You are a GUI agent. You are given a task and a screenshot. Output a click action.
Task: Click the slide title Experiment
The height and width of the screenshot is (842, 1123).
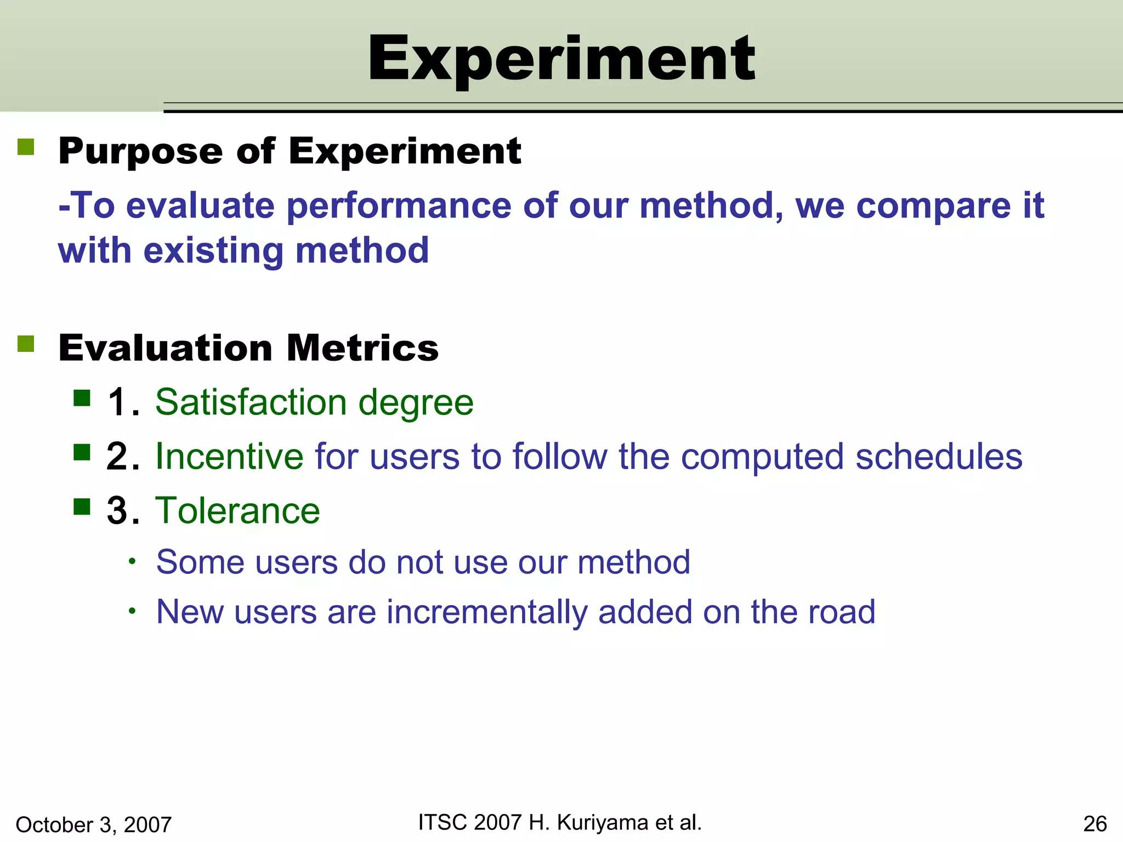pos(561,59)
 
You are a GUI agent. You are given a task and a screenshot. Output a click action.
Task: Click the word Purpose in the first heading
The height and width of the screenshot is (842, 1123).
pos(140,152)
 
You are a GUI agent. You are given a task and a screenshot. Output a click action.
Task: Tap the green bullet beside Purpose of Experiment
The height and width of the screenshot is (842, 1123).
pos(26,147)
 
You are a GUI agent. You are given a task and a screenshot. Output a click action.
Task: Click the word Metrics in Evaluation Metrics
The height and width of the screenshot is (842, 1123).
pos(362,349)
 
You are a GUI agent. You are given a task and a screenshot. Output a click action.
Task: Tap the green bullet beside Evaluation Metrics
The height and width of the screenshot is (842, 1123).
pos(26,344)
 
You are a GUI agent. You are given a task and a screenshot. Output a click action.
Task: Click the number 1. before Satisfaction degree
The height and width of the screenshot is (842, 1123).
pos(123,403)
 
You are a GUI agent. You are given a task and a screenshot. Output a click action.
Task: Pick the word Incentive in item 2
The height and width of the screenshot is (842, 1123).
pos(229,457)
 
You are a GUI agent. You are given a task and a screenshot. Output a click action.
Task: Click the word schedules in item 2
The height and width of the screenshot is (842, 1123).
pos(939,457)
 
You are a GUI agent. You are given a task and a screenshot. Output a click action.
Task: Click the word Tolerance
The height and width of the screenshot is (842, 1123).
pos(237,511)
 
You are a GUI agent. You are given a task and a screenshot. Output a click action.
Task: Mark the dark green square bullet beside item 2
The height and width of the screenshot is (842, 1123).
pos(82,453)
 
